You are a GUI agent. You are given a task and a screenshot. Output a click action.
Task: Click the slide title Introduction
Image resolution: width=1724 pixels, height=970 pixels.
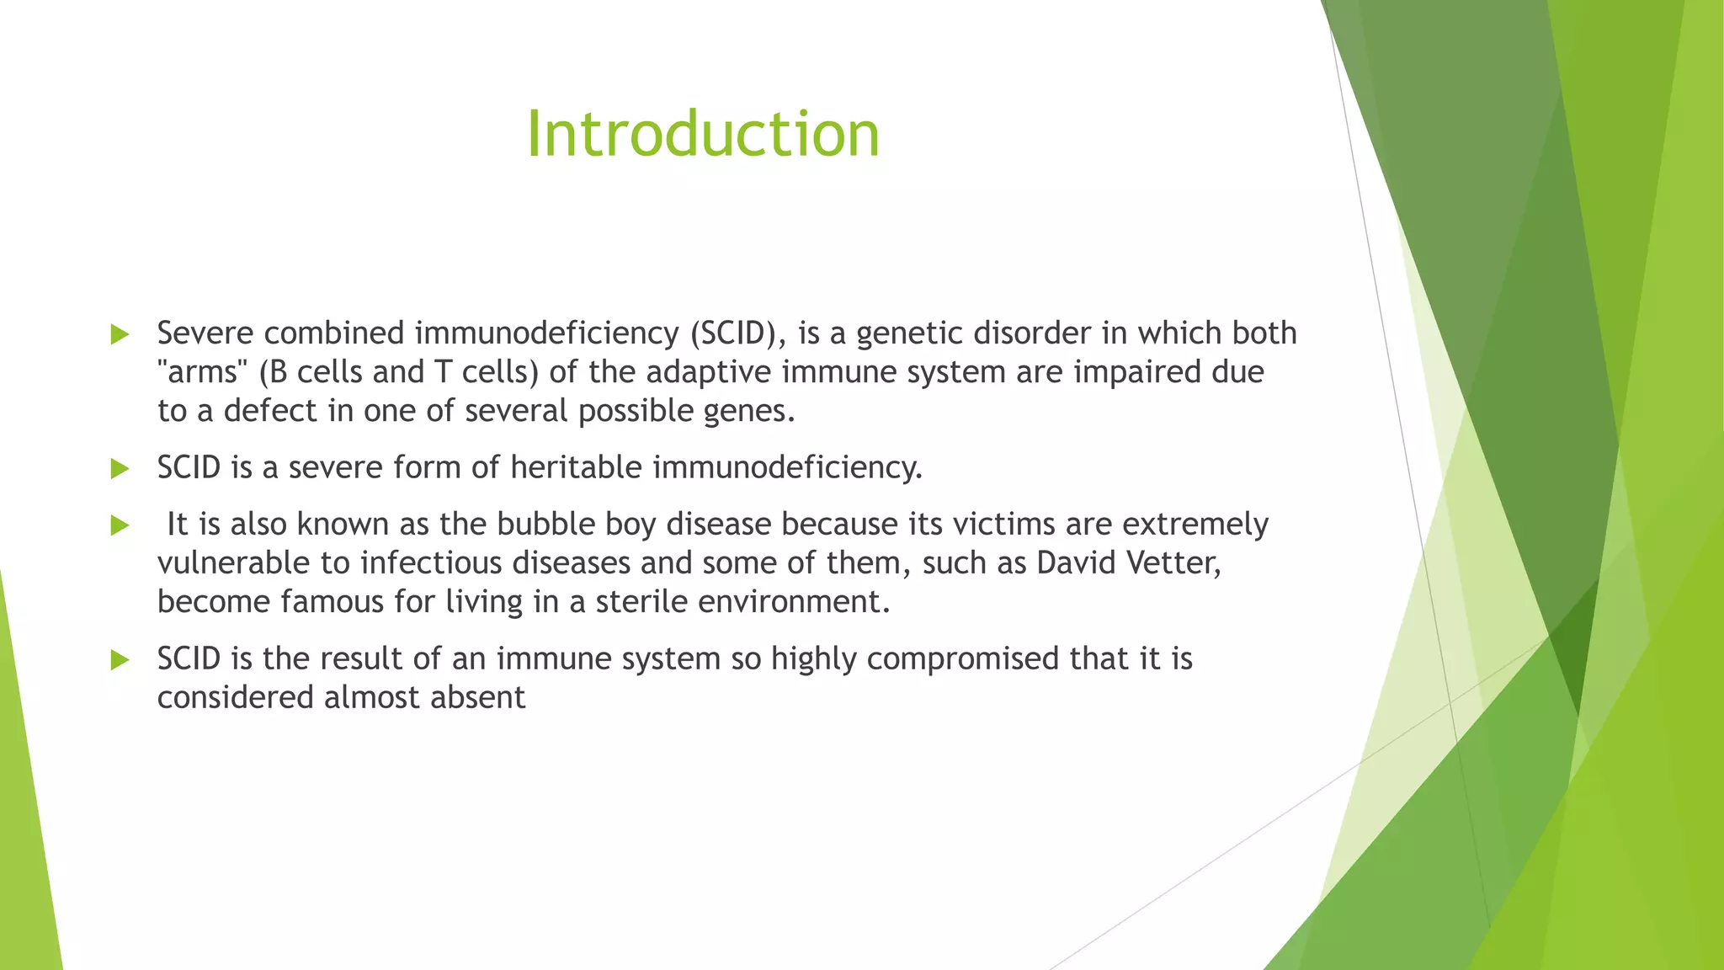[x=703, y=134]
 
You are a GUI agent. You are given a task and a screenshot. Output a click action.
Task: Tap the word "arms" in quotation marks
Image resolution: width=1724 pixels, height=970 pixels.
[x=202, y=371]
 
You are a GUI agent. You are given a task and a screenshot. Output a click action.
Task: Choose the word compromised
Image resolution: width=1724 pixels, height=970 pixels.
[x=962, y=658]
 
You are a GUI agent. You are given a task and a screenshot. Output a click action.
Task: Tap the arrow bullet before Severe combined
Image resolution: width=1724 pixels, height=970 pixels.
[x=120, y=334]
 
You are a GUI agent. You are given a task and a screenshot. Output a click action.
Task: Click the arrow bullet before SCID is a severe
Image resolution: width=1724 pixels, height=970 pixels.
[x=120, y=468]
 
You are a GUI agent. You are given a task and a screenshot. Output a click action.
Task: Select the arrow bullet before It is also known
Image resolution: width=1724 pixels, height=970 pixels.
[x=120, y=525]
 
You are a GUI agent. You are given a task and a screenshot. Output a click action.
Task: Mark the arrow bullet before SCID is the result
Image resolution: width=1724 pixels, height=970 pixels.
[x=120, y=659]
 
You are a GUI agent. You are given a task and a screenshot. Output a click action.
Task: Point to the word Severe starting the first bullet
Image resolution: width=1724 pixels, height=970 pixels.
[x=205, y=333]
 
